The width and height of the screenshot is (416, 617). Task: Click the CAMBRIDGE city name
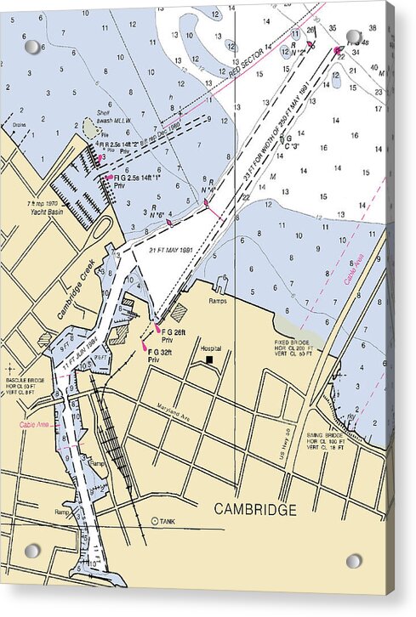pyautogui.click(x=255, y=509)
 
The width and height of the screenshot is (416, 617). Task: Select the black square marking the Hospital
pyautogui.click(x=209, y=359)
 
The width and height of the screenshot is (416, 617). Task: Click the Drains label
pyautogui.click(x=20, y=123)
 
